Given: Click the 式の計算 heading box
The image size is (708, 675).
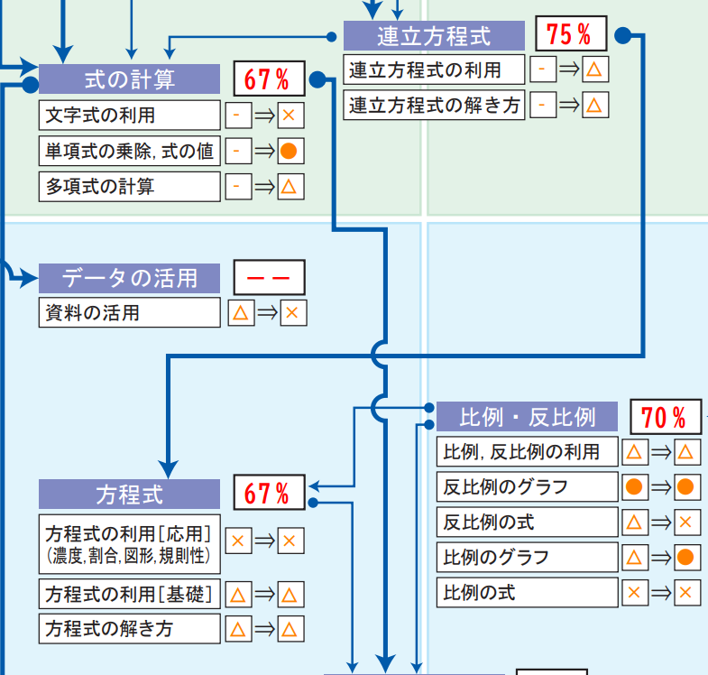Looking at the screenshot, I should coord(129,79).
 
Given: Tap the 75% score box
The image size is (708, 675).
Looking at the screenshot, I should coord(570,35).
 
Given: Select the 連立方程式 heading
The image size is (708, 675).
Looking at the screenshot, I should coord(434,36).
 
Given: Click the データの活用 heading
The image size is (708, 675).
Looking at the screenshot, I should coord(129,278).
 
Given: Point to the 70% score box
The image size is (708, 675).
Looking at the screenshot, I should coord(665,418).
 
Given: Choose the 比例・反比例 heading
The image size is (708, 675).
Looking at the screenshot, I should coord(528,418).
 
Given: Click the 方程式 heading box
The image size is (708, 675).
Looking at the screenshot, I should coord(129,495).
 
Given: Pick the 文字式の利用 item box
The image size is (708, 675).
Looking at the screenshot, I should coord(130,116).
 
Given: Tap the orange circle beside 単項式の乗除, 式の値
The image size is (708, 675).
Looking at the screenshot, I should coord(290,151).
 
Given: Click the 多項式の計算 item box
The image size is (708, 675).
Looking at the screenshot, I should coord(130,187).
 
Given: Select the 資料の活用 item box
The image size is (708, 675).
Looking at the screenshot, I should coord(130,313).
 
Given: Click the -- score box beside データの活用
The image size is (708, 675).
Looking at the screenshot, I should coord(269,278).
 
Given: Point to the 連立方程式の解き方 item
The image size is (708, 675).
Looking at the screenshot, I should coord(435,106).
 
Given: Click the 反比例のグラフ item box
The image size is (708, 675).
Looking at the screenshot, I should coord(527,487).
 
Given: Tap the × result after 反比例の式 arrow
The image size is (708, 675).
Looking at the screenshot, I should coord(685,522).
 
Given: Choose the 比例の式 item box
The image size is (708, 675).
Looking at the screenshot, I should coord(527,593).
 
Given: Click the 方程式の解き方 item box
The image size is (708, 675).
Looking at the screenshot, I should coord(130,629).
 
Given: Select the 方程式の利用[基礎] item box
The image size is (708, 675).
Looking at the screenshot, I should coord(130,595).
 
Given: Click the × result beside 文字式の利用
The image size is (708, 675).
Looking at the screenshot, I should coord(290,116).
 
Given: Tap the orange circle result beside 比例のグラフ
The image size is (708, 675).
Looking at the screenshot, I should coord(685,558).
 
